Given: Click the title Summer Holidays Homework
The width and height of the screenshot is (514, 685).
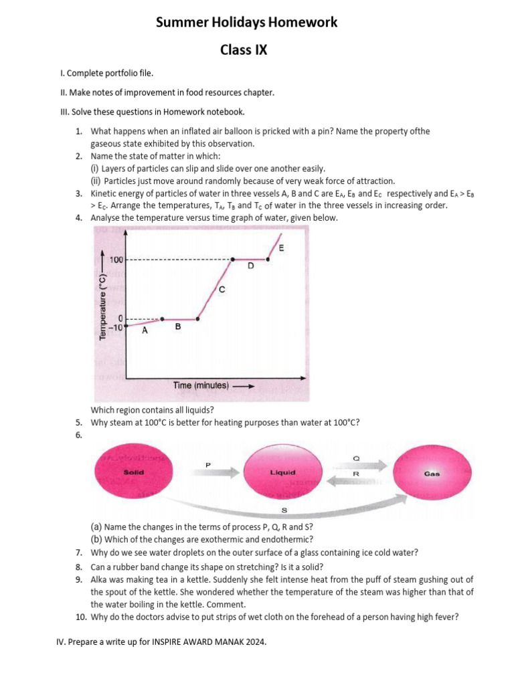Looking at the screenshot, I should pos(246,23).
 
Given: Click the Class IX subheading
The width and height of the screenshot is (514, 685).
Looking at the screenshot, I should pos(244,50).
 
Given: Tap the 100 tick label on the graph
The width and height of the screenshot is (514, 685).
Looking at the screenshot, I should pos(115,260).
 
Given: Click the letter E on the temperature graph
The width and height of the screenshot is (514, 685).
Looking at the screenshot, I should pos(280,248).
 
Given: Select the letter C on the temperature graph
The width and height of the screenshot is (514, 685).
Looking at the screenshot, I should pos(222,290).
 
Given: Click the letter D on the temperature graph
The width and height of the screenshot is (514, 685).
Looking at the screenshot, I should pos(250,266).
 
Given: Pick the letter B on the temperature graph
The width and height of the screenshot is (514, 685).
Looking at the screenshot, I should pos(177,326).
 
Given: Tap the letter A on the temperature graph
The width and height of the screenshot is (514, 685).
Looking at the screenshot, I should pos(145,329).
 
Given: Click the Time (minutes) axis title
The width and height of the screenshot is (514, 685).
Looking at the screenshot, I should pos(201,385).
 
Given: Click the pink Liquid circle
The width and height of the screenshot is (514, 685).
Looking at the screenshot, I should pos(282,472).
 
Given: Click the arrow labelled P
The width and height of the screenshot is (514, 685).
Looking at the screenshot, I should pos(207,472).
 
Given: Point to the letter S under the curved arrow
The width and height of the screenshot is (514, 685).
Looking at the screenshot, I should pos(284,510).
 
